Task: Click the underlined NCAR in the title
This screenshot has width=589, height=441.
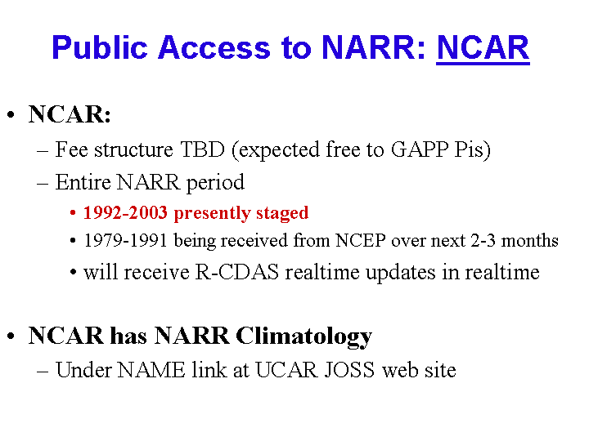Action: pos(483,48)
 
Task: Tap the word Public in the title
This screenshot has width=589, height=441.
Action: pos(100,47)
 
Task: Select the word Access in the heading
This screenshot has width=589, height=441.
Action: pos(214,47)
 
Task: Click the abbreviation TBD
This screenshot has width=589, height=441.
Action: pos(203,149)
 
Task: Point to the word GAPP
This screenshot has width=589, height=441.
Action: pos(420,149)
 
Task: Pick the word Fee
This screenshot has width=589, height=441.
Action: pos(71,149)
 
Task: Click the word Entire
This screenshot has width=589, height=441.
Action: pos(83,182)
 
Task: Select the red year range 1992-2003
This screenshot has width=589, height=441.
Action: pos(125,212)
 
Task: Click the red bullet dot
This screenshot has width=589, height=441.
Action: pos(73,213)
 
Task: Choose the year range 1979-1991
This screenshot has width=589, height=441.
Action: pos(125,240)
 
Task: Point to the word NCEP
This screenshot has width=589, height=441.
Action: pos(361,240)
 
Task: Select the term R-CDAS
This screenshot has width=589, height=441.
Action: pos(237,271)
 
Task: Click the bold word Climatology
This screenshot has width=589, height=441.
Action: pos(303,336)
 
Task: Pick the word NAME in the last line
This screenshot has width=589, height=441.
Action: pos(151,370)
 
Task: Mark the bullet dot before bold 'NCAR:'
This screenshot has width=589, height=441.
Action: pos(11,115)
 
